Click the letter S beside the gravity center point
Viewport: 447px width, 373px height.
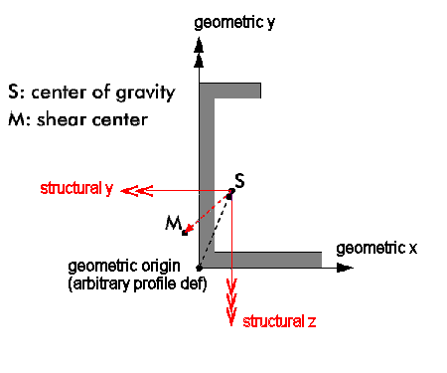pos(238,182)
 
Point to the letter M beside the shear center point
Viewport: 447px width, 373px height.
pos(172,225)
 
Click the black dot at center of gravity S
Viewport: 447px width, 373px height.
pos(229,195)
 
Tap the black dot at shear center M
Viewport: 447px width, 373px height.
pos(185,233)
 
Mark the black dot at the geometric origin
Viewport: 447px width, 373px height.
pos(200,268)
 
